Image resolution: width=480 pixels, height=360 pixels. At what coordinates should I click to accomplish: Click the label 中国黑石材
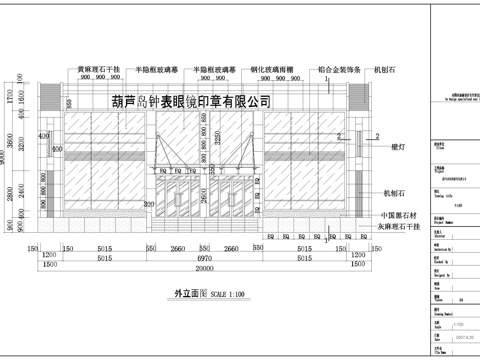tap(397, 216)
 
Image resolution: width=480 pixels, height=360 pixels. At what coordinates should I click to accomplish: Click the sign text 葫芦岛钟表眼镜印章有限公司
tap(192, 102)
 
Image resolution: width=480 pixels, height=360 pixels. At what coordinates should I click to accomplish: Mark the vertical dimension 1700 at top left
tap(9, 100)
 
